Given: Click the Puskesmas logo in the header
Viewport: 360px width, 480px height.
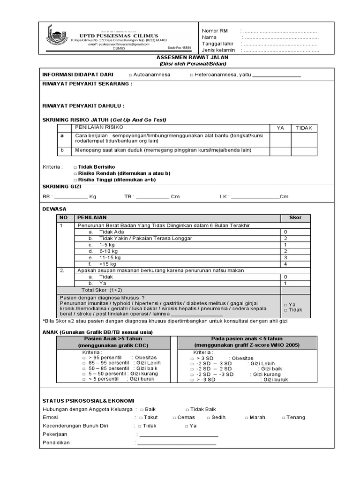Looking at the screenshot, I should pos(56,37).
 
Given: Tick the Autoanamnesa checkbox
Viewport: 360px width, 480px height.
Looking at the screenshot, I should pos(131,75).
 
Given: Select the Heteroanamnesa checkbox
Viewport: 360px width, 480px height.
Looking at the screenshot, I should pos(192,75).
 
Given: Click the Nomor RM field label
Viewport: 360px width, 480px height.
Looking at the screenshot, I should pos(214,30).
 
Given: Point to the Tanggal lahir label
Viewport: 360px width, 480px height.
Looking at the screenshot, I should pos(218,44).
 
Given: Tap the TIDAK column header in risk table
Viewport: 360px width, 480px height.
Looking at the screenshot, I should pos(304,127).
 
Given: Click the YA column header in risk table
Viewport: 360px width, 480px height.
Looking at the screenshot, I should pos(280,127).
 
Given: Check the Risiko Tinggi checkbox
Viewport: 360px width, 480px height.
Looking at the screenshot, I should pos(75,180).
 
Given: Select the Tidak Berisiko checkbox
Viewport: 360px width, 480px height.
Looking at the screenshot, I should pos(75,167).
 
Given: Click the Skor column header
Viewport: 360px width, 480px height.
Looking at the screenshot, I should pos(295,217).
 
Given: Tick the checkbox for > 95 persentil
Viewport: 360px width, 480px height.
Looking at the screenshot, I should pos(84,358).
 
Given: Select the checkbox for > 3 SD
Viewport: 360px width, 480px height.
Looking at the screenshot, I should pos(192,358).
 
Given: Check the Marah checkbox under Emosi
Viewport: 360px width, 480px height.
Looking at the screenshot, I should pos(246,418).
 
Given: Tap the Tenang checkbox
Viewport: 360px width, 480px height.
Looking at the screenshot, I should pos(283,418).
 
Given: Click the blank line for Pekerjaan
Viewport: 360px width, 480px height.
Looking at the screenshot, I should pos(177,435).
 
